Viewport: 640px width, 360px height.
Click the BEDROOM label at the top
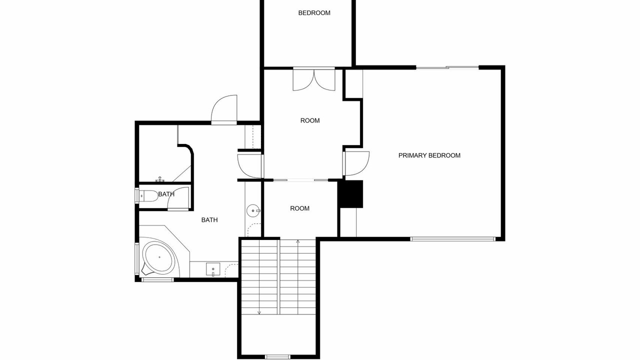pos(314,13)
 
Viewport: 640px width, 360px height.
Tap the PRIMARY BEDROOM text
pos(429,155)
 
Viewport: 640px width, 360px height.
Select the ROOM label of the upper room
pos(310,120)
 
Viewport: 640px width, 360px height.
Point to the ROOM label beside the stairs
pos(299,208)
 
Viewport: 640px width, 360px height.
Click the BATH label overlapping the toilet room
pos(166,194)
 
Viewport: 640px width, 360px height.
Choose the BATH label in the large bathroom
pos(209,219)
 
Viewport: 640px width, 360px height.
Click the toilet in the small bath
pos(148,195)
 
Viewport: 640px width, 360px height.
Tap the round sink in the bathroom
pos(253,211)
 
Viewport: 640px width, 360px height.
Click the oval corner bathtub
pos(159,257)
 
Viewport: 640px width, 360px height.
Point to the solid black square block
pos(350,194)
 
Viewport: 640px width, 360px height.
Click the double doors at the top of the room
pos(314,79)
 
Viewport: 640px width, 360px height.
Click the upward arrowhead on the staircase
pos(298,242)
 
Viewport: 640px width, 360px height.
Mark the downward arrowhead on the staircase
pos(259,312)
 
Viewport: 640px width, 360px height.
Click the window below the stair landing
pos(277,357)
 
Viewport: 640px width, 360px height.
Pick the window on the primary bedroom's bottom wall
pos(452,239)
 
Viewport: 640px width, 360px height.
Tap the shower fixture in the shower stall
pos(160,179)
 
